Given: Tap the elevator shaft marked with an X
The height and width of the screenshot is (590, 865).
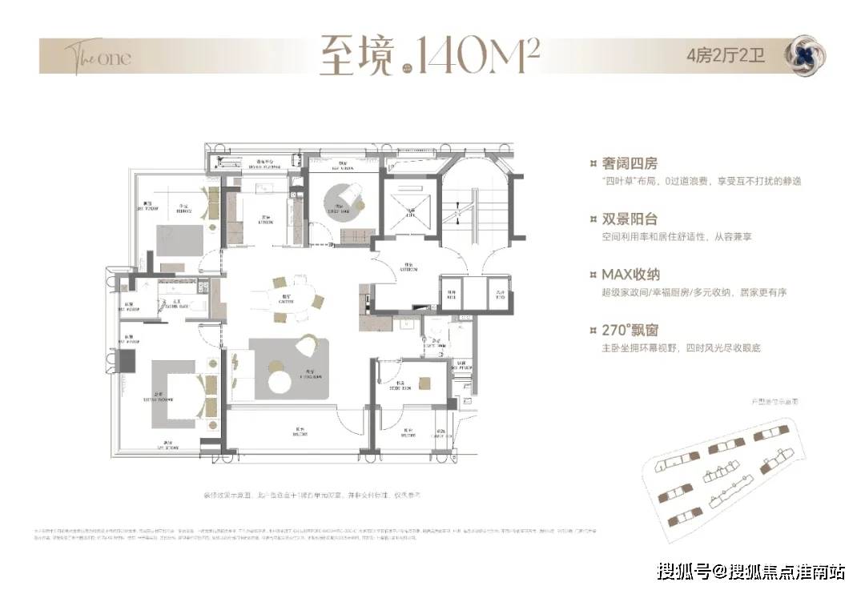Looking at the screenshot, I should coord(410,207).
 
